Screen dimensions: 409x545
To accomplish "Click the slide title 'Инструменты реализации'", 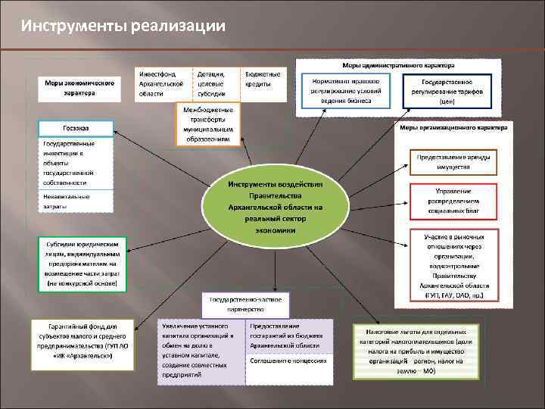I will [123, 26].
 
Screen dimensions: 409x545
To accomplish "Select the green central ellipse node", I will [276, 206].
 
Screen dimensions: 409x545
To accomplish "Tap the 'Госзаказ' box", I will [76, 129].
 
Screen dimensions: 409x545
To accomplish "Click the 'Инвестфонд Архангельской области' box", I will [162, 84].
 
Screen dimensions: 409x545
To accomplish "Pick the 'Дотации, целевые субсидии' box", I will [215, 84].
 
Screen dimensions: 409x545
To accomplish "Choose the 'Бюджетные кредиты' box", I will [263, 80].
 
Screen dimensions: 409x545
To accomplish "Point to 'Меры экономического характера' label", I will [79, 88].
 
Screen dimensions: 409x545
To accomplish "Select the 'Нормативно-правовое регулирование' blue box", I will [345, 90].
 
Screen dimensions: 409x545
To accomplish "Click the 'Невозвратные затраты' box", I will [76, 201].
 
